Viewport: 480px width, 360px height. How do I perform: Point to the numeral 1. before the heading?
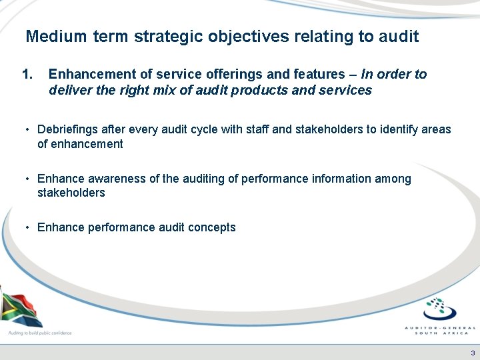27,74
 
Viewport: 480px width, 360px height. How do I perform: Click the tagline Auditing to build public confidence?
39,333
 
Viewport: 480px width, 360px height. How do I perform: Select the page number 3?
472,353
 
